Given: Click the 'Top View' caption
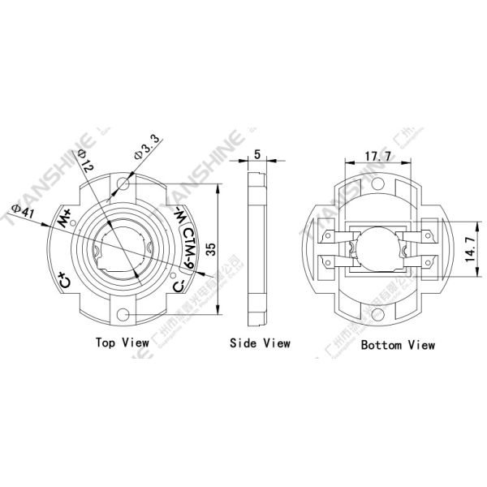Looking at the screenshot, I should tap(122, 343).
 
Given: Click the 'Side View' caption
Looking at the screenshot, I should tap(260, 343).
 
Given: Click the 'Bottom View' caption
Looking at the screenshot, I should tap(399, 344).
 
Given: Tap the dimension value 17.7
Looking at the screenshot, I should tap(379, 154).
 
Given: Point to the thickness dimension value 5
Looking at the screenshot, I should tap(257, 154).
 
